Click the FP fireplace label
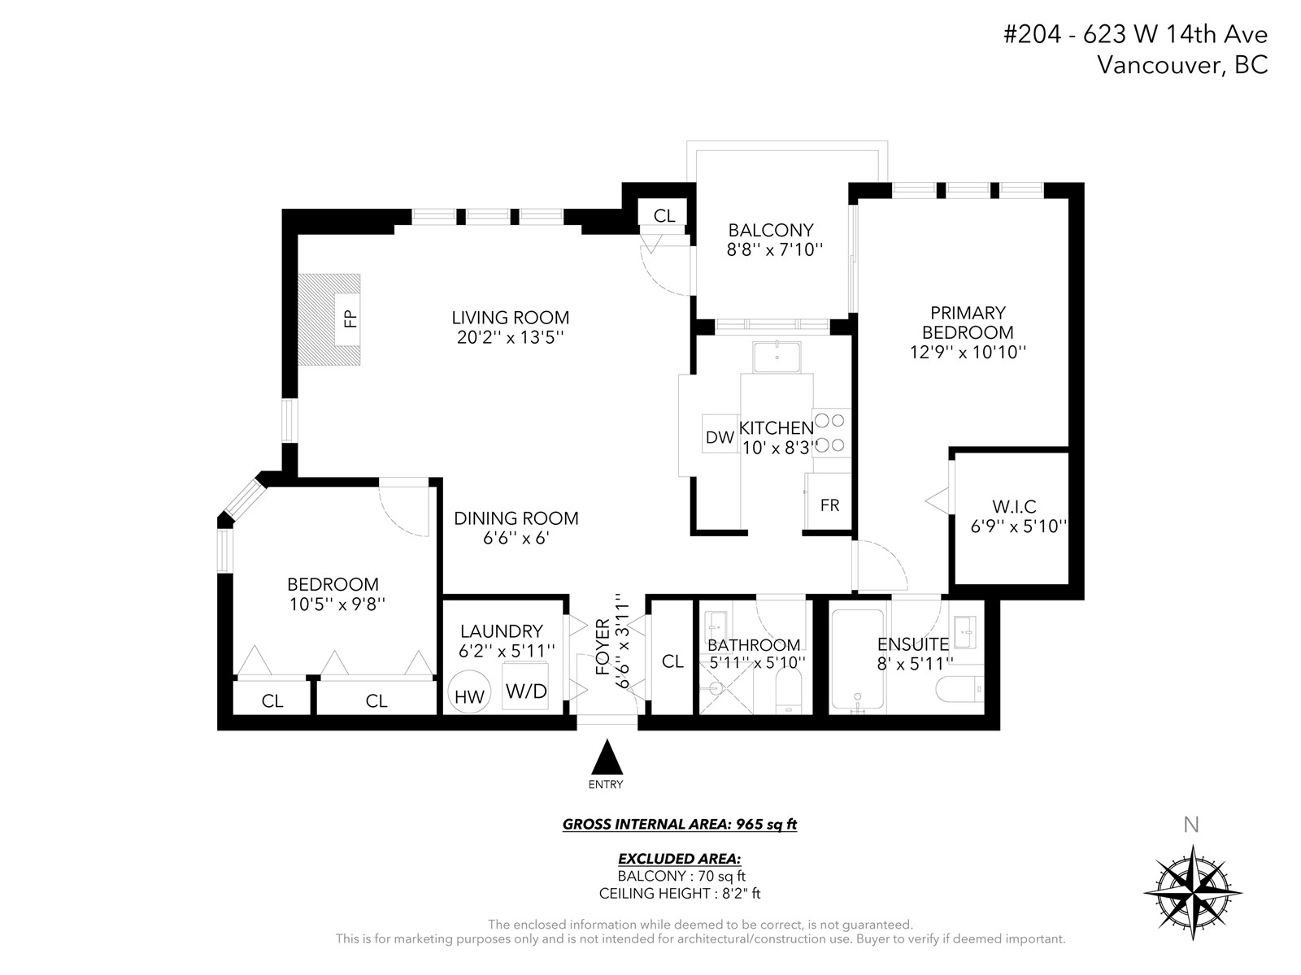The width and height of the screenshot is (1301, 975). (351, 319)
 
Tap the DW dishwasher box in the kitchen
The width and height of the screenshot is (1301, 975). (720, 434)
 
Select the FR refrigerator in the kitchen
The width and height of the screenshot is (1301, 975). (828, 500)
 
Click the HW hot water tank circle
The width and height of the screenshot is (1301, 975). (469, 691)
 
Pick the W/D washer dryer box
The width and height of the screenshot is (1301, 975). (526, 687)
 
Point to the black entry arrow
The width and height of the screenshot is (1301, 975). (607, 756)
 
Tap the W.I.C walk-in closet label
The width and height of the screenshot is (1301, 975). (1014, 507)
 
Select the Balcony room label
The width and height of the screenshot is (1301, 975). (771, 230)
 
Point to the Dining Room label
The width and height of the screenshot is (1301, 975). (516, 518)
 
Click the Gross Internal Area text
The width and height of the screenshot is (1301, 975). (680, 825)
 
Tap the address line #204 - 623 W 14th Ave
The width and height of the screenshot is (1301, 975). (1135, 34)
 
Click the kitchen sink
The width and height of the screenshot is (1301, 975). (777, 357)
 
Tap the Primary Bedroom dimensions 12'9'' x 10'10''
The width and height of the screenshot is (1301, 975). (968, 353)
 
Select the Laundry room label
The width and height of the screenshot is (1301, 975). (502, 631)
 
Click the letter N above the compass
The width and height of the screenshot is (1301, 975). (1191, 825)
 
